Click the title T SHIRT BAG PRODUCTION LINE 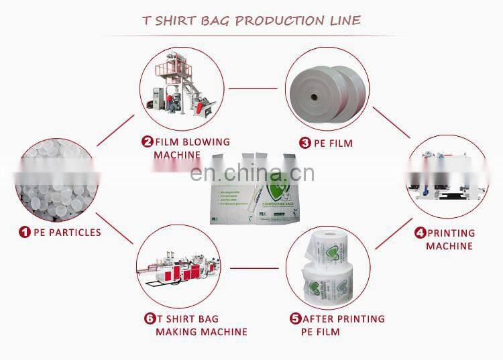coord(251,19)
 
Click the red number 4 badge coord(420,233)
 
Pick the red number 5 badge coord(295,319)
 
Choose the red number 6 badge coord(150,319)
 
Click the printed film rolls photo coord(325,267)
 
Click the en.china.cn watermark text coord(252,174)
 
